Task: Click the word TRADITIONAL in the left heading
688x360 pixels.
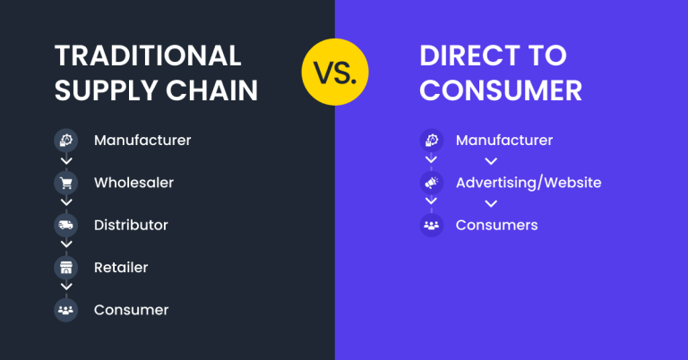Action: (148, 56)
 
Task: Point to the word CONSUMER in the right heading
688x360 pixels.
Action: (501, 90)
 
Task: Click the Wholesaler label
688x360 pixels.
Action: (133, 183)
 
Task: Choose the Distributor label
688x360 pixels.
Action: (131, 225)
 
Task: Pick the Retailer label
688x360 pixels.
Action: (121, 267)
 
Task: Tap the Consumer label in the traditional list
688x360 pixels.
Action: (131, 310)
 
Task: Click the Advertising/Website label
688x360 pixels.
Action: (529, 183)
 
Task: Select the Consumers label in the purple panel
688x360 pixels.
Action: (496, 225)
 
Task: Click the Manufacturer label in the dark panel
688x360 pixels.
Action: (142, 141)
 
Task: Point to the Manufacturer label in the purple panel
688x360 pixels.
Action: (504, 141)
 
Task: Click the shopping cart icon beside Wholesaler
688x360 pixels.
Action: (65, 183)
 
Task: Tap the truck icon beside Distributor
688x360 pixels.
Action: (65, 225)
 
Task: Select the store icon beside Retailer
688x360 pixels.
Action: (65, 267)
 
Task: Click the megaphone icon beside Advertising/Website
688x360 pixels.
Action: (432, 183)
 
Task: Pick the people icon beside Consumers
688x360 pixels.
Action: (432, 225)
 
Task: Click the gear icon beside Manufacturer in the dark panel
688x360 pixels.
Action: (65, 141)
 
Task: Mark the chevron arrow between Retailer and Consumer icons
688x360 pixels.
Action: (65, 288)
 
